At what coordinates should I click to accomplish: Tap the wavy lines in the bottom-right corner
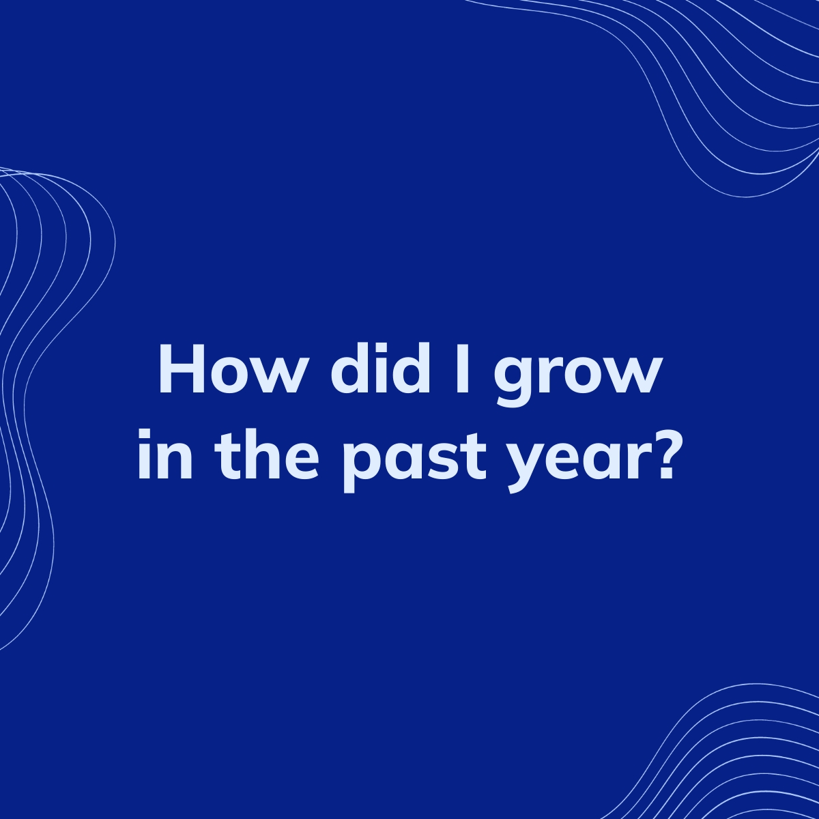tap(737, 758)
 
